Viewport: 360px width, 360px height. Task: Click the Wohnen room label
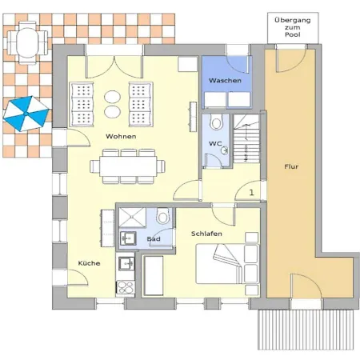pos(121,136)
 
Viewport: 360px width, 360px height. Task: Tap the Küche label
pos(89,263)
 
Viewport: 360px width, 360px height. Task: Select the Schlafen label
pos(206,234)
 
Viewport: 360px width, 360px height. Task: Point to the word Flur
pos(291,166)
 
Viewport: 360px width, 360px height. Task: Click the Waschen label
pos(225,80)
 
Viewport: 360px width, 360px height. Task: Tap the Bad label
pos(154,238)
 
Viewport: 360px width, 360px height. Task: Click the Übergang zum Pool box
pos(293,27)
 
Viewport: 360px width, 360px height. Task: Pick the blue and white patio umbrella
pos(26,114)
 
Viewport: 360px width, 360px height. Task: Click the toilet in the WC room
pos(216,122)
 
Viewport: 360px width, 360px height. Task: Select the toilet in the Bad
pos(163,216)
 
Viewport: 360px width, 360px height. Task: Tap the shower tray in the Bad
pos(133,218)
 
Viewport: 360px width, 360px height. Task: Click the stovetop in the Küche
pos(126,287)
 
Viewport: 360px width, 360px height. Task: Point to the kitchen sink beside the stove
pos(126,263)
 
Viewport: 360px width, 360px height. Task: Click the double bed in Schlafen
pos(227,264)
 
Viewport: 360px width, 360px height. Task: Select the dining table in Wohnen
pos(128,166)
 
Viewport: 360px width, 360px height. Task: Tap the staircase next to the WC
pos(246,138)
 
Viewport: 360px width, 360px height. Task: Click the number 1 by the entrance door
pos(251,192)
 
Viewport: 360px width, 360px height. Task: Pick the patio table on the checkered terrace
pos(27,42)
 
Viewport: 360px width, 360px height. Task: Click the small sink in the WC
pos(225,150)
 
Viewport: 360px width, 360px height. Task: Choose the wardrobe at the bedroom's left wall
pos(154,275)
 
